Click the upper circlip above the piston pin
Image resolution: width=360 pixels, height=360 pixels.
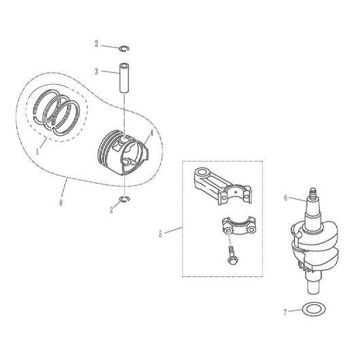click(125, 48)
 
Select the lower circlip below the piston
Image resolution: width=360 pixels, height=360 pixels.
click(125, 199)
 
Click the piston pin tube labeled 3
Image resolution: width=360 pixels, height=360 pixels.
click(124, 78)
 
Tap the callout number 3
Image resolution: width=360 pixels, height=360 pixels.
click(96, 71)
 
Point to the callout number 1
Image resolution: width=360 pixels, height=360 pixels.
click(37, 151)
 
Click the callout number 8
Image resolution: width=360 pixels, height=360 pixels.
click(60, 202)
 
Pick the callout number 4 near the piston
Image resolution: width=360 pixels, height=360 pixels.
click(151, 133)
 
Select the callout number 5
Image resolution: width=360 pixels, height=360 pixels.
click(160, 234)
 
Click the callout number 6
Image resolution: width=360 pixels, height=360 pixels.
click(285, 198)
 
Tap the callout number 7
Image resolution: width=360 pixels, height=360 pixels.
click(285, 312)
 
